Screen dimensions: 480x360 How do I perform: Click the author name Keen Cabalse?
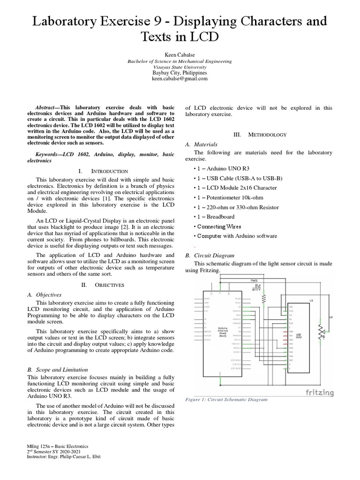180,55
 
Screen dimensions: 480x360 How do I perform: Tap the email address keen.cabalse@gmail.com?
180,79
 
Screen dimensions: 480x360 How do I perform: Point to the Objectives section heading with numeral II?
102,285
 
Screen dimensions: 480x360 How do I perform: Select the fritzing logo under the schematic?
320,392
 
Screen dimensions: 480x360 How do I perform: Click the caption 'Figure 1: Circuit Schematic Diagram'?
226,399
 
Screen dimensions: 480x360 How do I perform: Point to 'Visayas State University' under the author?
180,67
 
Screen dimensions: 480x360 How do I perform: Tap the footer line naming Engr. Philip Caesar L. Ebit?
64,457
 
